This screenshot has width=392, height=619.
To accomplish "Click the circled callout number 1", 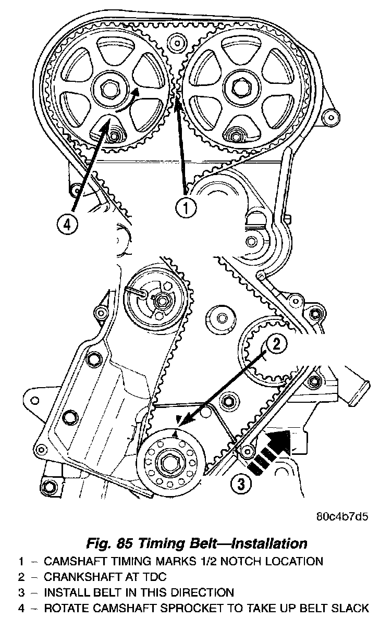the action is tap(186, 207).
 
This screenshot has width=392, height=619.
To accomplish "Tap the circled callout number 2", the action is tap(277, 343).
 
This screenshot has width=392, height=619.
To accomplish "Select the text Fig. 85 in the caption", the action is tap(107, 543).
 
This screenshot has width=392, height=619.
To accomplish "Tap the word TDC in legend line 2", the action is tap(151, 577).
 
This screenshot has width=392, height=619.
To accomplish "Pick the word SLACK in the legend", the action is tap(352, 608).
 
